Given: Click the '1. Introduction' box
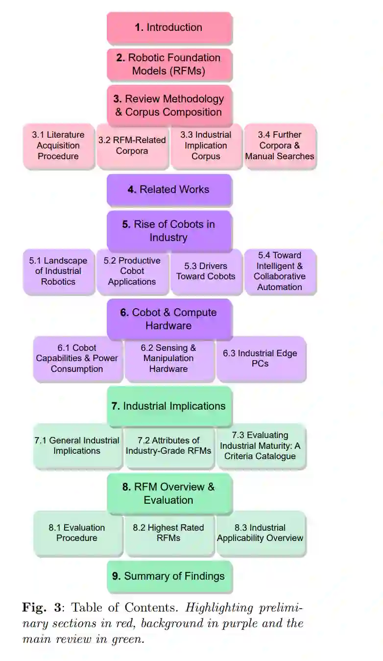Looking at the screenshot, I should pyautogui.click(x=169, y=28).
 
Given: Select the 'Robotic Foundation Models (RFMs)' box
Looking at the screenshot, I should pyautogui.click(x=169, y=64).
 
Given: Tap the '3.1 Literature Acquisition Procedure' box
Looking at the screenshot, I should pyautogui.click(x=58, y=146).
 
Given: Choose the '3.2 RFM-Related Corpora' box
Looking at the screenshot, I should pyautogui.click(x=132, y=146).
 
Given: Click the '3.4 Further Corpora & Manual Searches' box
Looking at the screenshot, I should pyautogui.click(x=280, y=146).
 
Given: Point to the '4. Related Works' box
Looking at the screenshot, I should pyautogui.click(x=169, y=190).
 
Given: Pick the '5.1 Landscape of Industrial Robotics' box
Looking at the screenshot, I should pyautogui.click(x=58, y=271).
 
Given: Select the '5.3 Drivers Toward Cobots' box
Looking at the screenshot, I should pyautogui.click(x=206, y=271).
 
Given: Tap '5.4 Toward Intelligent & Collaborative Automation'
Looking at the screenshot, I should pyautogui.click(x=280, y=271).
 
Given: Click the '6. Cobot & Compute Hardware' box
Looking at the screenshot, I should pyautogui.click(x=169, y=319).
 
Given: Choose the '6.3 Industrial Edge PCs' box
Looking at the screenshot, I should pyautogui.click(x=260, y=358).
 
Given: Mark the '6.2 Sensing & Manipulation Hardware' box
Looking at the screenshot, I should pyautogui.click(x=168, y=358).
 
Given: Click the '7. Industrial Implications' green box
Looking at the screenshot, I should pyautogui.click(x=169, y=406).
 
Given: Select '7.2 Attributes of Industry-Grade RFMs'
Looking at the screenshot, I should pyautogui.click(x=168, y=445).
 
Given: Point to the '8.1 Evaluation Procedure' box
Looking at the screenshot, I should pyautogui.click(x=77, y=533).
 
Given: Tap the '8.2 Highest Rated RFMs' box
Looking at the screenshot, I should pyautogui.click(x=168, y=533).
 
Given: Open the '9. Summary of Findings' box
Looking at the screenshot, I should pyautogui.click(x=169, y=576).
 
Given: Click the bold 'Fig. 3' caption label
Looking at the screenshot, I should pyautogui.click(x=42, y=608).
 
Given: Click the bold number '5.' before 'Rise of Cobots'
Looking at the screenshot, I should pyautogui.click(x=126, y=224).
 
